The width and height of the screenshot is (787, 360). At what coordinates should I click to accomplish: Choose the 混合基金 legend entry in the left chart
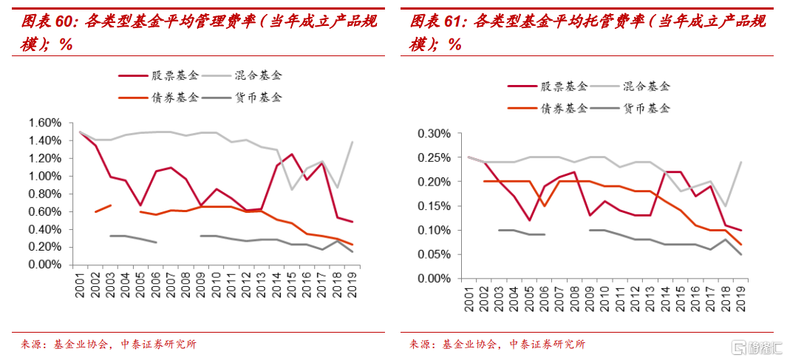[x=258, y=75]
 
